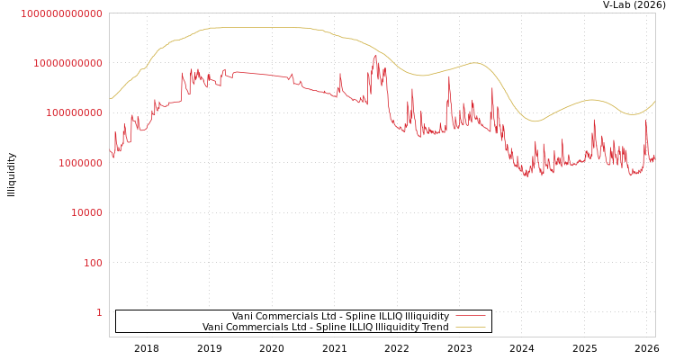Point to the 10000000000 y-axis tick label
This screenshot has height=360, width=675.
click(x=67, y=63)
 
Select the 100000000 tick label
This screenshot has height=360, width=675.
click(x=74, y=112)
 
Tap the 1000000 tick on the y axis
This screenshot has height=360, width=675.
click(x=80, y=163)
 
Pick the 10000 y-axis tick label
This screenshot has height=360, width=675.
click(x=86, y=212)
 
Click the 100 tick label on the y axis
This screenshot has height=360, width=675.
click(x=93, y=263)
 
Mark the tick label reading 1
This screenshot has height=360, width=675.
click(x=99, y=312)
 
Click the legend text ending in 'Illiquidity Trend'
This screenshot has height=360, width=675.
click(x=325, y=327)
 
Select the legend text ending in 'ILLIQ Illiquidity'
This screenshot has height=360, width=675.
click(x=340, y=316)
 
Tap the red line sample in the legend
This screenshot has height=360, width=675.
click(x=470, y=316)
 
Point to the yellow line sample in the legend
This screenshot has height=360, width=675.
click(x=470, y=327)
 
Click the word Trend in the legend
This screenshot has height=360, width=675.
click(x=436, y=327)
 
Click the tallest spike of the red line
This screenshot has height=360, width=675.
click(x=375, y=56)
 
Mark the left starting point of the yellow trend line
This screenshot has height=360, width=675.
click(x=110, y=99)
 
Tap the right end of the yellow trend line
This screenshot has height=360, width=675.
click(x=655, y=101)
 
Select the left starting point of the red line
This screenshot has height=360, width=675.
click(x=110, y=151)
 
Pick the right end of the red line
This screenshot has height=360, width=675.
click(x=655, y=155)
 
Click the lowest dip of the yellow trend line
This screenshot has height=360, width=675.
click(x=535, y=121)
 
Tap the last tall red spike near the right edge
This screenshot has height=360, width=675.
click(x=645, y=121)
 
